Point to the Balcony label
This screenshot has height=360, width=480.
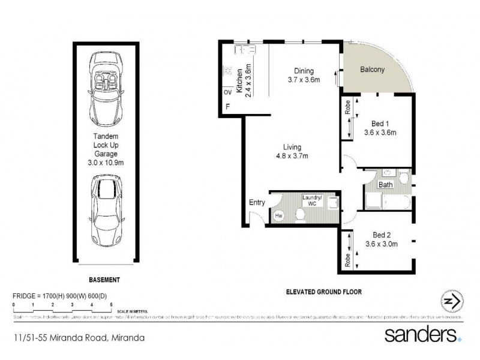(372, 70)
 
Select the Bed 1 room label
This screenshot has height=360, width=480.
(380, 128)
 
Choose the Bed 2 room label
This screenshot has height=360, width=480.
(382, 239)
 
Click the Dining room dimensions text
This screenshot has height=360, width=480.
(303, 80)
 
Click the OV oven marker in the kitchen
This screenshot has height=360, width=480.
(227, 93)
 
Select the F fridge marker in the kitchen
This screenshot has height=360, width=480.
(227, 107)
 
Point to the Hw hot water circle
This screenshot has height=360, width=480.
(279, 215)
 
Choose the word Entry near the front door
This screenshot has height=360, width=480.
(257, 202)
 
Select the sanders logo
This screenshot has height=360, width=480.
(423, 334)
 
